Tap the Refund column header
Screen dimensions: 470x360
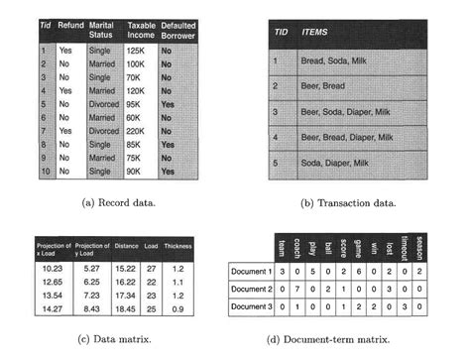coord(70,24)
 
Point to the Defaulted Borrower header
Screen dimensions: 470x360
coord(181,24)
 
